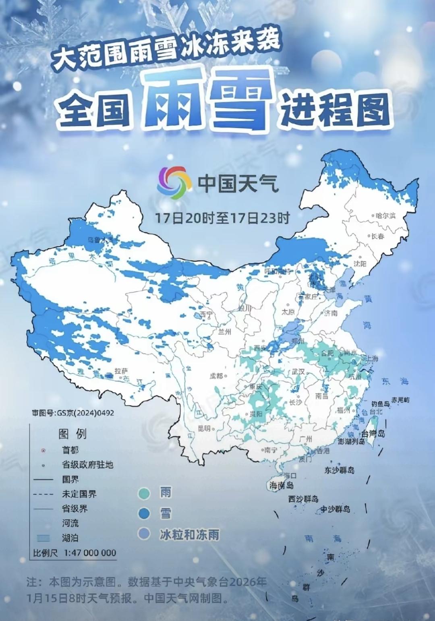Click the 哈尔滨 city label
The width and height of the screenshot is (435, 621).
click(x=385, y=215)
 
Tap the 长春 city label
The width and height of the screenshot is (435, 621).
click(x=378, y=236)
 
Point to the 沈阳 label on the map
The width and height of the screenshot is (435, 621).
click(x=360, y=264)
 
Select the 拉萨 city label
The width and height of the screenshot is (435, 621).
click(x=120, y=371)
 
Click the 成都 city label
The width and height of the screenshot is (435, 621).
click(x=216, y=376)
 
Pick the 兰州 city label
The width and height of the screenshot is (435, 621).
click(x=224, y=332)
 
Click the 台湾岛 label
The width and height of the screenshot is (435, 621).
click(x=373, y=434)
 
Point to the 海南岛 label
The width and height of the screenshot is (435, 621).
click(x=282, y=485)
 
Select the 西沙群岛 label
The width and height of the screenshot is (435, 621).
click(x=303, y=499)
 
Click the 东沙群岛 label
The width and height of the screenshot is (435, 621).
click(x=340, y=470)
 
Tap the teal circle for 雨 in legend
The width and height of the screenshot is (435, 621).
click(x=144, y=494)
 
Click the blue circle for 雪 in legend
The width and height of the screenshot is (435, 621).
click(x=144, y=514)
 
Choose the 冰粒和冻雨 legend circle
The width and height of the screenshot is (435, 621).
click(x=144, y=534)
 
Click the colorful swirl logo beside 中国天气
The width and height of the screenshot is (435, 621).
click(x=173, y=182)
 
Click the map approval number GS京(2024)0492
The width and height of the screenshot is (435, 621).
click(x=73, y=413)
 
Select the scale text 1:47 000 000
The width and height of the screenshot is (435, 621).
click(x=90, y=553)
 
